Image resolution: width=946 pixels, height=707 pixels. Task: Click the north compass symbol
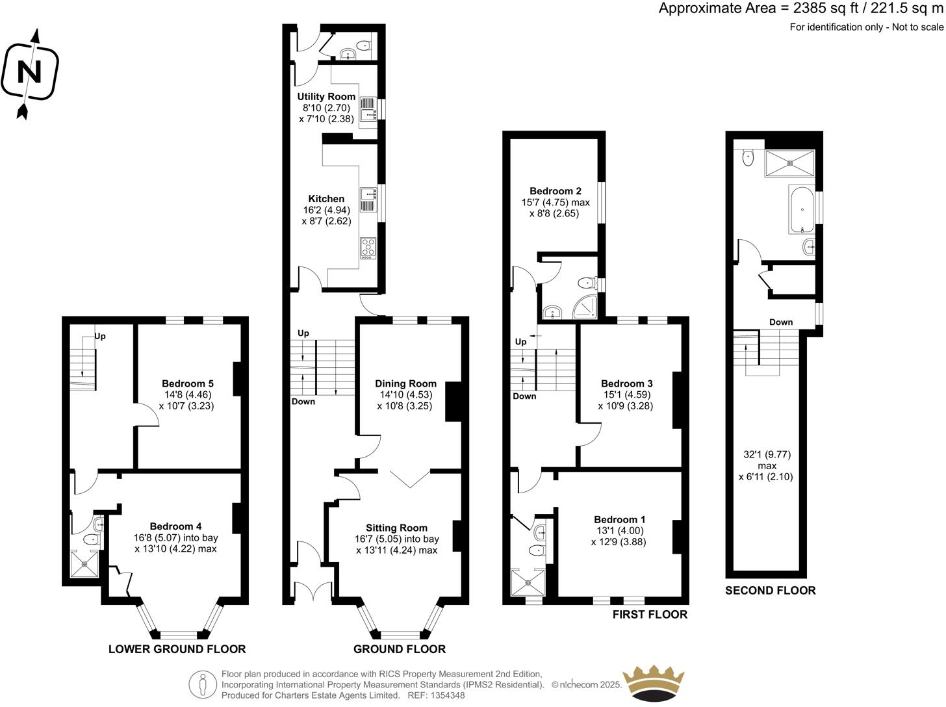(29, 73)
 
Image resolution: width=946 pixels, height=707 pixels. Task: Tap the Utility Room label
(326, 97)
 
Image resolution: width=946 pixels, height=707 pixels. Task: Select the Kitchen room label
(326, 199)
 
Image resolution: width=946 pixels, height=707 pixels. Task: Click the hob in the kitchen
(368, 248)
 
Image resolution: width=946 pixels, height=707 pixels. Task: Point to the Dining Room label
(405, 383)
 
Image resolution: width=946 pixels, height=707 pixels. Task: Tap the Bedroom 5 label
(188, 383)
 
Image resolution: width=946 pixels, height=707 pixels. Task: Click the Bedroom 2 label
(556, 191)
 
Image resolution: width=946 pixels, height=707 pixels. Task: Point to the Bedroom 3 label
(626, 383)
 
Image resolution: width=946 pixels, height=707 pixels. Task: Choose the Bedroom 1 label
(619, 519)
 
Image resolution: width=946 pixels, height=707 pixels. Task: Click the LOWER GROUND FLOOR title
(177, 649)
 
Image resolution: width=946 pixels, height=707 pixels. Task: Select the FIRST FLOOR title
(650, 614)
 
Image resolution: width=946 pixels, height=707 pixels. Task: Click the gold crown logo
(654, 682)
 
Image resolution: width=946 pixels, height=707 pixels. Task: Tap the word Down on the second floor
(780, 322)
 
